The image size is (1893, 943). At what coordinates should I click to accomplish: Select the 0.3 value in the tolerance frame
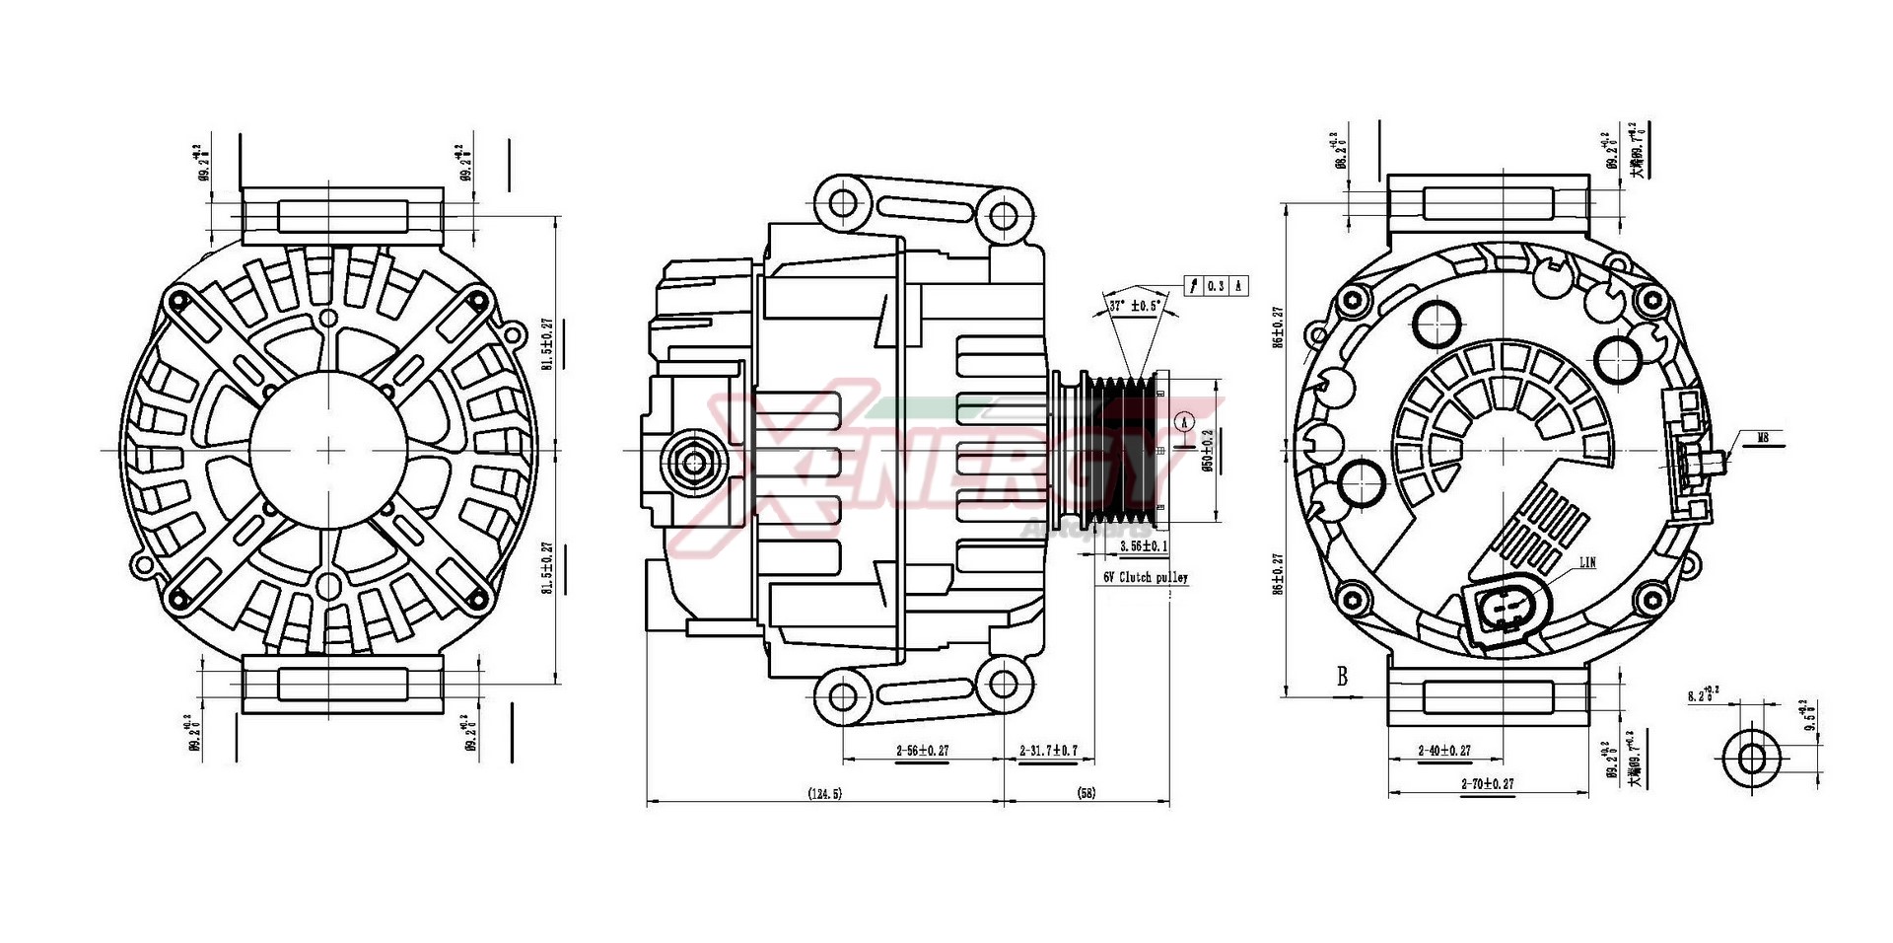(1216, 286)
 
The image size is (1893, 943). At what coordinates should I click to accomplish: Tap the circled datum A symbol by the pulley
(1186, 421)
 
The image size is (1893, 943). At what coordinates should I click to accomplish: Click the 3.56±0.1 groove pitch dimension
(1144, 544)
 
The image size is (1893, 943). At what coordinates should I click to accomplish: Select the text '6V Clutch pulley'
(1145, 577)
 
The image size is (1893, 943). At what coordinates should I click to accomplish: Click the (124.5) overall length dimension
(824, 792)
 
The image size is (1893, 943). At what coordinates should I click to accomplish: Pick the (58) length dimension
(1087, 792)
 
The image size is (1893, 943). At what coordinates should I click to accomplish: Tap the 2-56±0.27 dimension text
(922, 751)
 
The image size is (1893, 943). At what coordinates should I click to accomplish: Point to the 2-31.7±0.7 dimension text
(1048, 751)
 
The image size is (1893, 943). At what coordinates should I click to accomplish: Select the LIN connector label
(1587, 563)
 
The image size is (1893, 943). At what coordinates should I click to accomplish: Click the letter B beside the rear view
(1342, 677)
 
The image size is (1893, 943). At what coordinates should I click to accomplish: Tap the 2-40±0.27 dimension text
(1444, 751)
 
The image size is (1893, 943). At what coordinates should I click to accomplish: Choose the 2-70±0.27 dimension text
(1487, 783)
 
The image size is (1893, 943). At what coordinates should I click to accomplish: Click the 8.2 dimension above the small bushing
(1698, 695)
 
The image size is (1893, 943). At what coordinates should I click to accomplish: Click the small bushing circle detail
(1752, 759)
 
